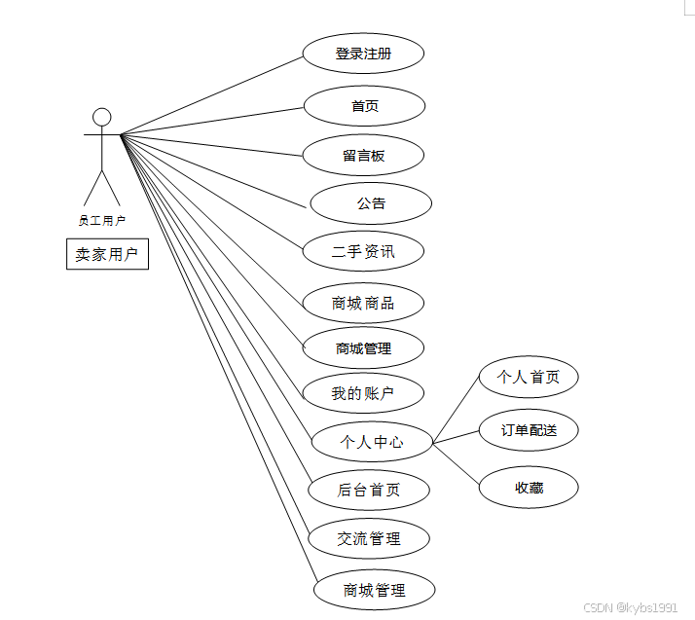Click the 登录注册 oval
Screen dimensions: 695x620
363,55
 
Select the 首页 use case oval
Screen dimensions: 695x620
365,106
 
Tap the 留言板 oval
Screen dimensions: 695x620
363,156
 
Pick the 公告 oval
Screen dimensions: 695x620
371,203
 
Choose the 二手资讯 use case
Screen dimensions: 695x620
363,252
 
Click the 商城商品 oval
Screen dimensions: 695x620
363,303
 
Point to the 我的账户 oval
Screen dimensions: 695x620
363,393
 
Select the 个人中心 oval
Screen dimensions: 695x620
371,442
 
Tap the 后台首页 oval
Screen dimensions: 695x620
369,490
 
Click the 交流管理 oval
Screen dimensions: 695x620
369,538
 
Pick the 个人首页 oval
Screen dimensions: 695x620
529,377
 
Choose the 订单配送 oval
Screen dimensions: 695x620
529,430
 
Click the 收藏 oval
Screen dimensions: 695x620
529,488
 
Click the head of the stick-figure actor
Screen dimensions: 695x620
101,118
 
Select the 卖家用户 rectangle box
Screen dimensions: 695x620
107,255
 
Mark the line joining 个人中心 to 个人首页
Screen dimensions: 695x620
456,409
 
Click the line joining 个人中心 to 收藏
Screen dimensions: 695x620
456,463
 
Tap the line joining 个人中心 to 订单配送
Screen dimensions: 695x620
456,437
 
